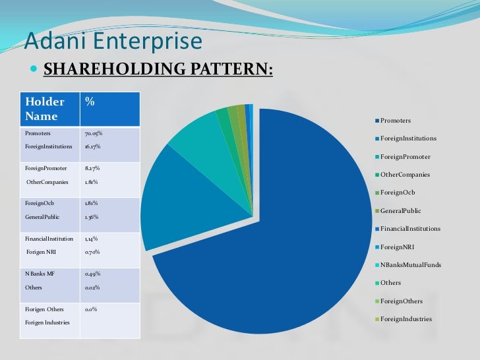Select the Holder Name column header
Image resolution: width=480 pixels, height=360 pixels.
(45, 109)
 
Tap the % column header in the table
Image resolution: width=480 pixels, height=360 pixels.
(90, 102)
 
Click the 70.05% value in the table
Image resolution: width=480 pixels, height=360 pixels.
(94, 133)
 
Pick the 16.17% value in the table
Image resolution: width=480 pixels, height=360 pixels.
(93, 146)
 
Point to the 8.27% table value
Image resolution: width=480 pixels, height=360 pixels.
(93, 168)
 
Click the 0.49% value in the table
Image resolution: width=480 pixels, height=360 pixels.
(93, 274)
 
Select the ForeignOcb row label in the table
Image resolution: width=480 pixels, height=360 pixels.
(39, 203)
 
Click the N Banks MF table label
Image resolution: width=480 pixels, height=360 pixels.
(40, 274)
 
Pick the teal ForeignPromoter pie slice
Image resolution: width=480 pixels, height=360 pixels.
(195, 132)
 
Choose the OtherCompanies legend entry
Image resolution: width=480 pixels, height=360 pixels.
(405, 175)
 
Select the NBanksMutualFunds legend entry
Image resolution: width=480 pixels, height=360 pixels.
(411, 265)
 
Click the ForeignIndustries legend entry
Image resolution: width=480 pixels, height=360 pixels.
(406, 319)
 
